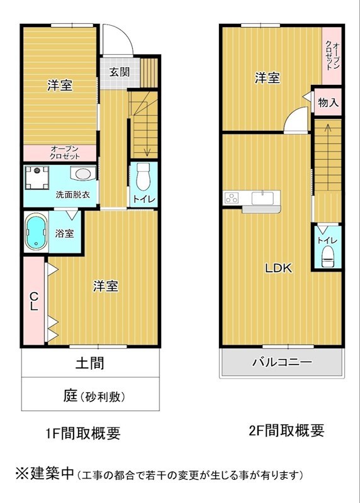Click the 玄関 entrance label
click(120, 72)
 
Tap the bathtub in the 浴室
click(36, 232)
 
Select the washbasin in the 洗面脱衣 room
click(83, 174)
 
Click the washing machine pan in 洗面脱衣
click(37, 177)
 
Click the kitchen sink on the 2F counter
click(262, 197)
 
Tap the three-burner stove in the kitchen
click(232, 197)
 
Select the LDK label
click(278, 268)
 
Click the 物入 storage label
click(328, 102)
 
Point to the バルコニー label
click(281, 363)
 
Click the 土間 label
click(90, 363)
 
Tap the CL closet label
click(34, 301)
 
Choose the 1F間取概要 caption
click(83, 433)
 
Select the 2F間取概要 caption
click(286, 430)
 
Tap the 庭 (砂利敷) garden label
click(94, 397)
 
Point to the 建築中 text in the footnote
click(53, 473)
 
